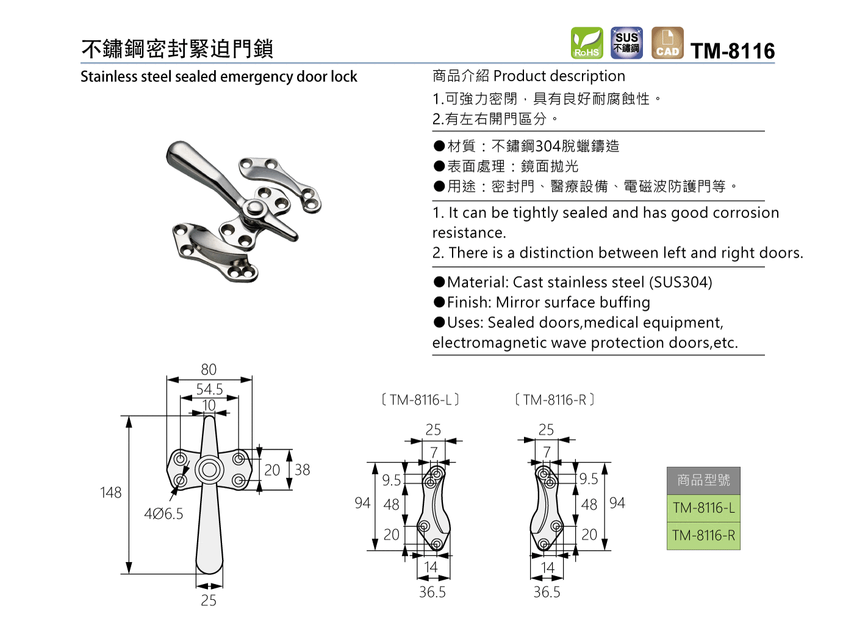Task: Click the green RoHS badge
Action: click(587, 43)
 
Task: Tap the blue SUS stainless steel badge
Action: click(627, 43)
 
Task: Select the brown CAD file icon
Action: click(667, 43)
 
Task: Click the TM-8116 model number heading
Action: click(733, 51)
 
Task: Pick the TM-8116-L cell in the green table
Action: click(704, 508)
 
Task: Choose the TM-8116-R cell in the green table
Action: click(704, 535)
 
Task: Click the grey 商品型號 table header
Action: click(704, 480)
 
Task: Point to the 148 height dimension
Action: click(111, 493)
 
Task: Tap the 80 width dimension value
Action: click(209, 369)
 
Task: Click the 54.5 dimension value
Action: click(209, 389)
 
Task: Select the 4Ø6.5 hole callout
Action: click(163, 514)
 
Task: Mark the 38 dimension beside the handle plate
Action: click(303, 470)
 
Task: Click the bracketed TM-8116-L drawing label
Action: click(420, 400)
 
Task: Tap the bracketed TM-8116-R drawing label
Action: click(554, 400)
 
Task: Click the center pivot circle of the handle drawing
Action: click(209, 470)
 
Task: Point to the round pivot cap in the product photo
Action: click(254, 208)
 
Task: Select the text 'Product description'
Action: click(559, 76)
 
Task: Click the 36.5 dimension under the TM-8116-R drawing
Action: click(547, 592)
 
